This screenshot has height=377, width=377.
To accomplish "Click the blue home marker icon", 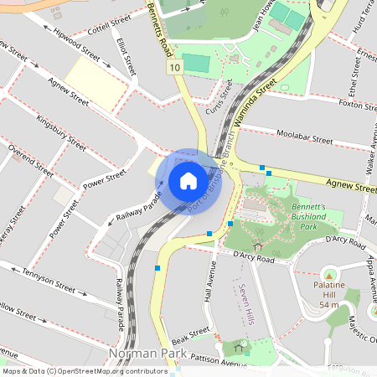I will pos(188,180).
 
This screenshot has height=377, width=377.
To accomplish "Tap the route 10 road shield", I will pos(173,67).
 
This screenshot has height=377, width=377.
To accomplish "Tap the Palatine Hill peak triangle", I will pos(329,276).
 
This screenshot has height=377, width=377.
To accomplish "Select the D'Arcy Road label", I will pos(254,258).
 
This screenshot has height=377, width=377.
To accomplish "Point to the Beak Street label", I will pos(190,335).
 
